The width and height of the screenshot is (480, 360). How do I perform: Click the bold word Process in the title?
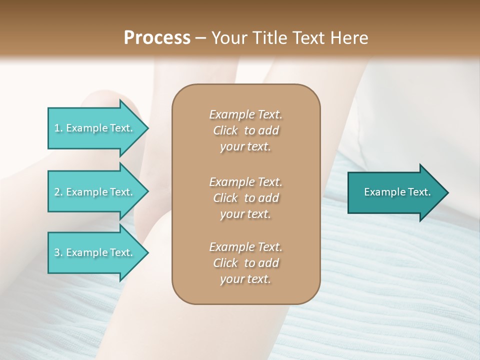pyautogui.click(x=157, y=37)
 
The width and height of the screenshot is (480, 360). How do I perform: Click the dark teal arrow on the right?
pyautogui.click(x=395, y=192)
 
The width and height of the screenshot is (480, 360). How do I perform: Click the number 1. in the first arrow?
pyautogui.click(x=58, y=128)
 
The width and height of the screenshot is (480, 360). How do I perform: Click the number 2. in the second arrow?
pyautogui.click(x=58, y=192)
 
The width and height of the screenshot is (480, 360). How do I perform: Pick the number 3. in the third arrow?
pyautogui.click(x=58, y=252)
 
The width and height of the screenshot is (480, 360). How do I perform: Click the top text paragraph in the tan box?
pyautogui.click(x=245, y=130)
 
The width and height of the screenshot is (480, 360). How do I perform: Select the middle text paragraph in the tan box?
pyautogui.click(x=245, y=197)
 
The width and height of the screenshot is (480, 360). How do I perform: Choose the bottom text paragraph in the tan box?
pyautogui.click(x=245, y=263)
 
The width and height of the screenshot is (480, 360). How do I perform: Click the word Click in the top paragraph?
pyautogui.click(x=225, y=130)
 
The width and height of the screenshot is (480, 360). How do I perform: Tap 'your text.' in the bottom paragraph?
pyautogui.click(x=245, y=279)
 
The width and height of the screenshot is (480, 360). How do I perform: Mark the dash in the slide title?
pyautogui.click(x=201, y=38)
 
